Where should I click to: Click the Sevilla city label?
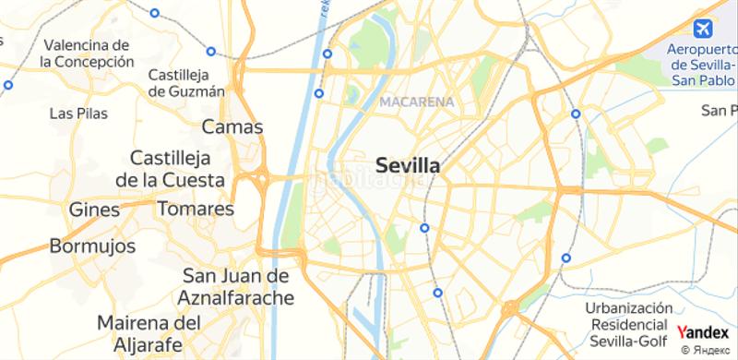(408, 166)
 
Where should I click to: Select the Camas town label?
(232, 126)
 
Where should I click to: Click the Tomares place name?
(196, 209)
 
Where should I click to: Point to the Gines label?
(94, 210)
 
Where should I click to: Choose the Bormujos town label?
(92, 246)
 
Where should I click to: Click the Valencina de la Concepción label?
(88, 53)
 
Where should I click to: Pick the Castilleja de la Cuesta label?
(178, 167)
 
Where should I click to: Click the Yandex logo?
(702, 332)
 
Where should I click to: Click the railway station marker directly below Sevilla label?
(423, 227)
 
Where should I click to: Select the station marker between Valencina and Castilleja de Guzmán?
(211, 52)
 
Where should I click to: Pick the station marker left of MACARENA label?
(319, 93)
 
